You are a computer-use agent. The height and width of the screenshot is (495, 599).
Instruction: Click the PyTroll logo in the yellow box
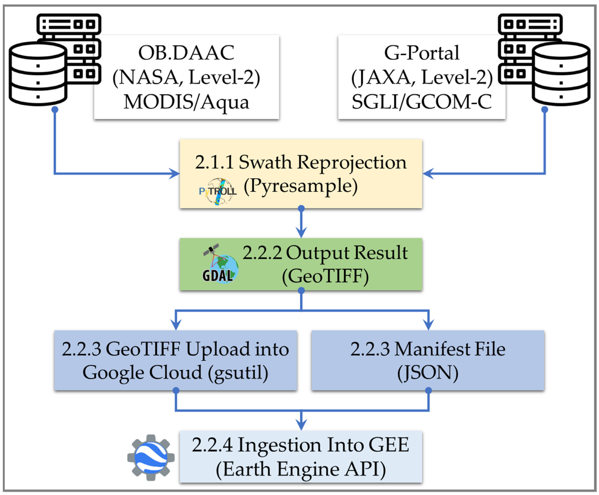[x=218, y=191]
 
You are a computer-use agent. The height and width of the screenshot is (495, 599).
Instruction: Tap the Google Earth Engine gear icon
[x=151, y=457]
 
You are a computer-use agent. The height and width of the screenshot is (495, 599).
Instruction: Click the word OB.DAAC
[x=186, y=53]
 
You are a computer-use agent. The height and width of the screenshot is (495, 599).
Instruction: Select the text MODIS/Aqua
[x=186, y=102]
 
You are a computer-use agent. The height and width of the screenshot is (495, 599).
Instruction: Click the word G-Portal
[x=421, y=53]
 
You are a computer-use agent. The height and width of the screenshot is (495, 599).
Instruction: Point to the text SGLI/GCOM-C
[x=421, y=102]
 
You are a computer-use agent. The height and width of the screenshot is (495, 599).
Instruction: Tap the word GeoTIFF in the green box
[x=325, y=276]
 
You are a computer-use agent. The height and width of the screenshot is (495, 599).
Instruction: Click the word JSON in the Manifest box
[x=428, y=373]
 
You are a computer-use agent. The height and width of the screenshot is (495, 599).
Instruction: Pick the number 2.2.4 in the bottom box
[x=212, y=445]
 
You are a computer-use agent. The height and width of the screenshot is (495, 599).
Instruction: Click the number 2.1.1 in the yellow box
[x=214, y=162]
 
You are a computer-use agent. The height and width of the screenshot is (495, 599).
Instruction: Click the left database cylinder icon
[x=38, y=75]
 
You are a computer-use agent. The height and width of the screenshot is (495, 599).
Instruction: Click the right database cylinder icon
[x=561, y=75]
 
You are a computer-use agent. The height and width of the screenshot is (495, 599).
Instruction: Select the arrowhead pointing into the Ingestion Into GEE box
[x=301, y=425]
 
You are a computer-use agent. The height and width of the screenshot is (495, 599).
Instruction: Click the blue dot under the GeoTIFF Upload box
[x=176, y=390]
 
